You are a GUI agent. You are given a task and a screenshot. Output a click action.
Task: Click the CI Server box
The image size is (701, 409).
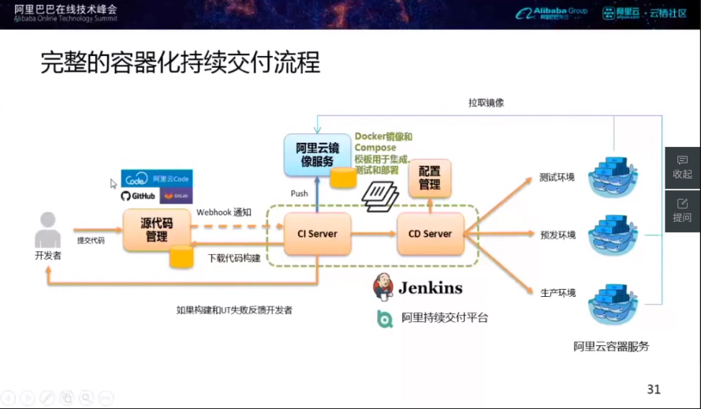[317, 234]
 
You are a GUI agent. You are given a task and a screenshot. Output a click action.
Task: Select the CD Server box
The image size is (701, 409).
[430, 234]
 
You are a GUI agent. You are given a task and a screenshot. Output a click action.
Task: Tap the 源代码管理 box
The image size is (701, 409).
[156, 229]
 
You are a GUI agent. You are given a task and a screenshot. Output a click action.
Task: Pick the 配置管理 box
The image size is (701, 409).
[430, 178]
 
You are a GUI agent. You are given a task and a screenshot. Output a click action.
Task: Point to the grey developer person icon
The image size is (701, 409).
[48, 230]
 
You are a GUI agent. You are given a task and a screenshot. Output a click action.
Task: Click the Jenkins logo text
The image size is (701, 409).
[429, 287]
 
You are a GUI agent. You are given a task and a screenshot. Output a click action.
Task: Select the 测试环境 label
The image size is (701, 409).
[557, 177]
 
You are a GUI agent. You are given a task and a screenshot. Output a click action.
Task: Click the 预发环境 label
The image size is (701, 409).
[557, 235]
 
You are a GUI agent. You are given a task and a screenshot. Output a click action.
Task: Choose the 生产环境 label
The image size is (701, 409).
[557, 293]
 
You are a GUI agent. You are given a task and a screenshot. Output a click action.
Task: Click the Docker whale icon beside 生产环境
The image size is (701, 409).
[613, 303]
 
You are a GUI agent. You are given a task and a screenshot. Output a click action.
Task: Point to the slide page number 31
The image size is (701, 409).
[653, 389]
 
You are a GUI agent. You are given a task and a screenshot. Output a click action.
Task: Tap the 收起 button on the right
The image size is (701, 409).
[682, 167]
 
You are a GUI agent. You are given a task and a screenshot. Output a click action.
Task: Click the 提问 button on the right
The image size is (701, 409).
[682, 211]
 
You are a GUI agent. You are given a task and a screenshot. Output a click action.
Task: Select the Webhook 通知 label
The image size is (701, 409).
[224, 212]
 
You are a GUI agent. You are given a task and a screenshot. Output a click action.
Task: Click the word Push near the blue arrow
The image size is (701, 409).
[300, 193]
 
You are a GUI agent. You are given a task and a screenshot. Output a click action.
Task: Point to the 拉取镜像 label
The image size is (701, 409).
[486, 103]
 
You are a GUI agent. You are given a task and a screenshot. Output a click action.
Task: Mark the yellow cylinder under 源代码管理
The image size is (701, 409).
[181, 257]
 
